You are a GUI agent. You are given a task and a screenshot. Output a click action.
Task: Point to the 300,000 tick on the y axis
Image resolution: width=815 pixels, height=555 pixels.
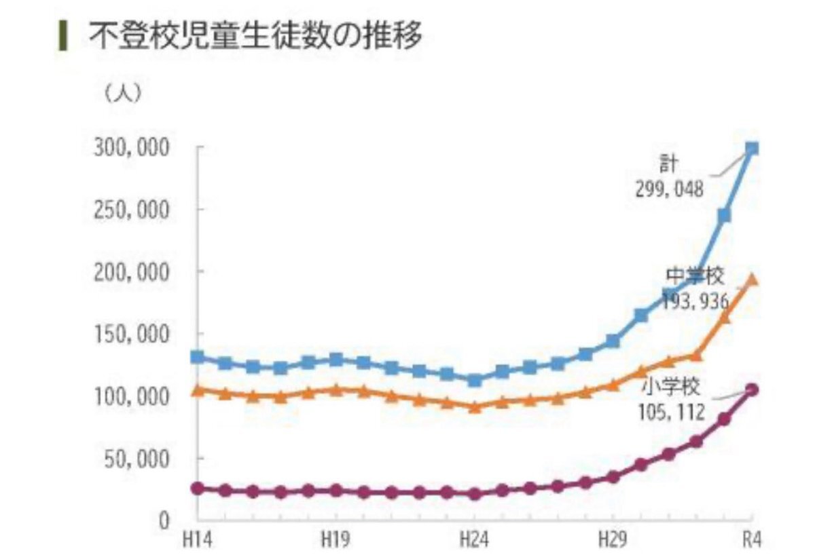131,148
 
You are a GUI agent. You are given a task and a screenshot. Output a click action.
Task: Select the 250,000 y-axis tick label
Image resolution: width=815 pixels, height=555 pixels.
131,210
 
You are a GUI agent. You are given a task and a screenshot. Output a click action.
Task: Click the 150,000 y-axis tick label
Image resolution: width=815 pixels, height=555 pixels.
131,334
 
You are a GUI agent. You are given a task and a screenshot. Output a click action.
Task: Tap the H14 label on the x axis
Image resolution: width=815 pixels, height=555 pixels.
197,541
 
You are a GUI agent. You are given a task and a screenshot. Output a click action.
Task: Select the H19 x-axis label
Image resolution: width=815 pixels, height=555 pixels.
336,541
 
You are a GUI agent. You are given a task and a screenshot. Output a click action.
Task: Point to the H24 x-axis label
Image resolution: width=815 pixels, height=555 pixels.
475,541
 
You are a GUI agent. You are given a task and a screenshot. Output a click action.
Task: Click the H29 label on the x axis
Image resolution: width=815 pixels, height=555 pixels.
613,541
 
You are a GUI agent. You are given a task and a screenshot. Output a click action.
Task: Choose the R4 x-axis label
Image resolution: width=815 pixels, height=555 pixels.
752,541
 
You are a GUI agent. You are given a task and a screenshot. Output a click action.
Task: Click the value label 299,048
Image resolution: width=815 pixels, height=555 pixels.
670,189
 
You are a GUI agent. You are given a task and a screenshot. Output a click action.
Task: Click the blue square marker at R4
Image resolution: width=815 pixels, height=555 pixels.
752,149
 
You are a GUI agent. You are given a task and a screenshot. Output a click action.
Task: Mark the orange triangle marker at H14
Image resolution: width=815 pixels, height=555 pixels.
197,389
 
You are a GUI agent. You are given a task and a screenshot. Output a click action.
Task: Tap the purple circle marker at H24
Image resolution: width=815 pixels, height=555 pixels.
475,494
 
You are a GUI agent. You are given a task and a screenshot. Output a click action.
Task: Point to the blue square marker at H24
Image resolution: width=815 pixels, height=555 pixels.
475,381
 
